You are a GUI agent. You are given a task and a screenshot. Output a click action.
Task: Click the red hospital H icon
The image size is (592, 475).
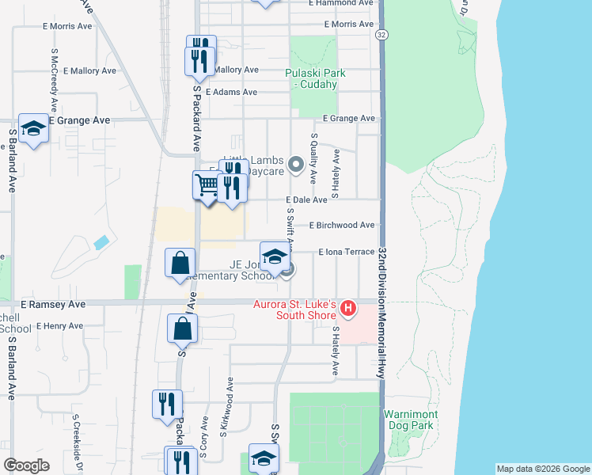(346, 305)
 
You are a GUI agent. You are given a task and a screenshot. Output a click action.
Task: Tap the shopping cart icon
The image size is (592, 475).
(207, 186)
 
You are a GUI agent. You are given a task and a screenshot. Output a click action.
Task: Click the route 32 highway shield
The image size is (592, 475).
(381, 36)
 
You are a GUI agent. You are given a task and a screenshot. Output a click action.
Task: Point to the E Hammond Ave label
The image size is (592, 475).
(343, 3)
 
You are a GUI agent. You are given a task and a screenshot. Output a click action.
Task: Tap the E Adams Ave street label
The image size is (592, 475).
(231, 92)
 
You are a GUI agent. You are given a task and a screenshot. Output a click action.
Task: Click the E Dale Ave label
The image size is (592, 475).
(307, 200)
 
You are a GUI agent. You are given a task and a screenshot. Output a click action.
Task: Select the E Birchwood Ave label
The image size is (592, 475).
(342, 225)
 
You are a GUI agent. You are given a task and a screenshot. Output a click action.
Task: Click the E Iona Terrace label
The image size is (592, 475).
(346, 252)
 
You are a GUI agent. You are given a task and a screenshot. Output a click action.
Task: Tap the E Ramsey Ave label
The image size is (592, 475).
(53, 304)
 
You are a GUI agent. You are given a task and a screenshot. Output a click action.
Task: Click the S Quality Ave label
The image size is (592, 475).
(313, 158)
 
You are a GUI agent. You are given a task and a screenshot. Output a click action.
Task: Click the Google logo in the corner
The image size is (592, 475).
(26, 465)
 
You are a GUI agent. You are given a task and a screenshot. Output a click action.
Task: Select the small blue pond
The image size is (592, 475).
(101, 242)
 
